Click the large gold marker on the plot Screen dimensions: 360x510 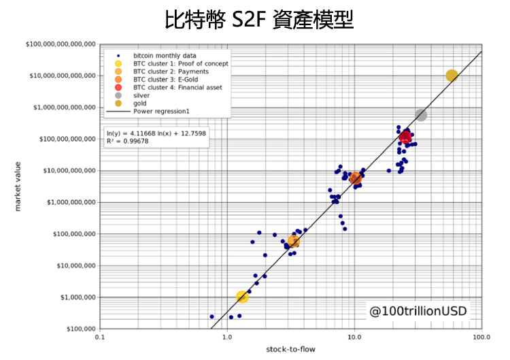click(x=452, y=76)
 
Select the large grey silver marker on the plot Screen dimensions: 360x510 click(x=421, y=115)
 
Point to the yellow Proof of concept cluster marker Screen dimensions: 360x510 click(x=242, y=296)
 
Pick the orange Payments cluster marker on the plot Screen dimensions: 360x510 click(x=294, y=241)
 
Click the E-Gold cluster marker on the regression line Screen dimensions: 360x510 click(x=355, y=178)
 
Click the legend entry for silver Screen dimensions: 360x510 click(x=141, y=95)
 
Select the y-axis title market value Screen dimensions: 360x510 click(x=18, y=186)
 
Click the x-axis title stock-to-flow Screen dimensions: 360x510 click(x=290, y=350)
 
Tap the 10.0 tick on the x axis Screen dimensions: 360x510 click(x=354, y=337)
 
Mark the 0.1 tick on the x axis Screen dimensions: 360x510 click(x=99, y=337)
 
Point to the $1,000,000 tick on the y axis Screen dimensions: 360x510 click(x=76, y=297)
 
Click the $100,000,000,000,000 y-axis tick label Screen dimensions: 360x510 click(x=61, y=44)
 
